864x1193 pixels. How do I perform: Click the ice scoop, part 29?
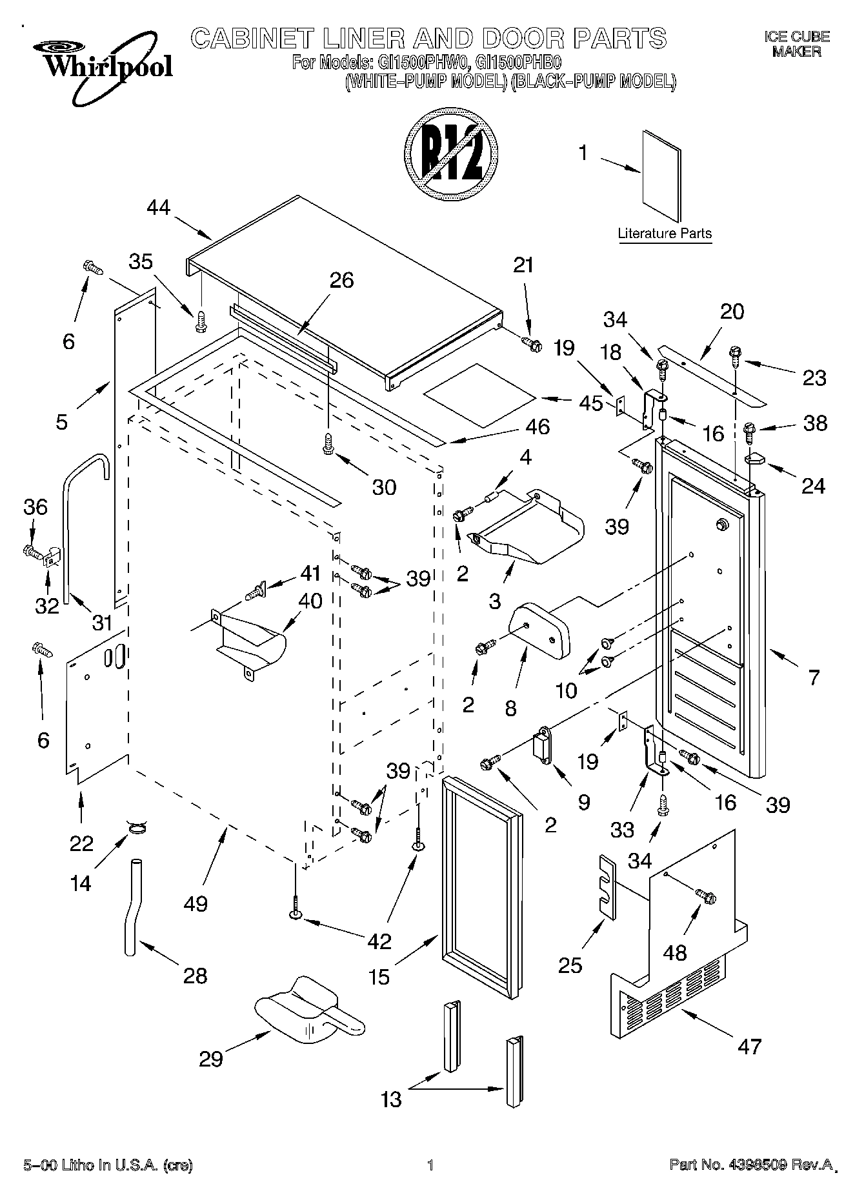(x=305, y=1018)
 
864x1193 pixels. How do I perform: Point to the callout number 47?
(x=749, y=1046)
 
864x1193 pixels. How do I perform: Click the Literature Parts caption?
(x=665, y=234)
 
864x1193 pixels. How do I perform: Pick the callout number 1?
(x=584, y=154)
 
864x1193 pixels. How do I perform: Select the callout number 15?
(x=379, y=977)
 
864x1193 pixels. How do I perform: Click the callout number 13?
(x=391, y=1098)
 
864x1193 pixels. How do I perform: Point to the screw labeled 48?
(x=705, y=896)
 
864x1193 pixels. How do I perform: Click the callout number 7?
(x=814, y=677)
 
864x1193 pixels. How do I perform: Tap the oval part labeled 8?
(x=541, y=628)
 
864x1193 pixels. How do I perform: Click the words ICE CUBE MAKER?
(x=797, y=45)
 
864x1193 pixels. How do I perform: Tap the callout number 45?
(x=591, y=403)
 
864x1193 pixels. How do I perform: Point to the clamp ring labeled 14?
(x=137, y=828)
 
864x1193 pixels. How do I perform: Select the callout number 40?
(x=310, y=601)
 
